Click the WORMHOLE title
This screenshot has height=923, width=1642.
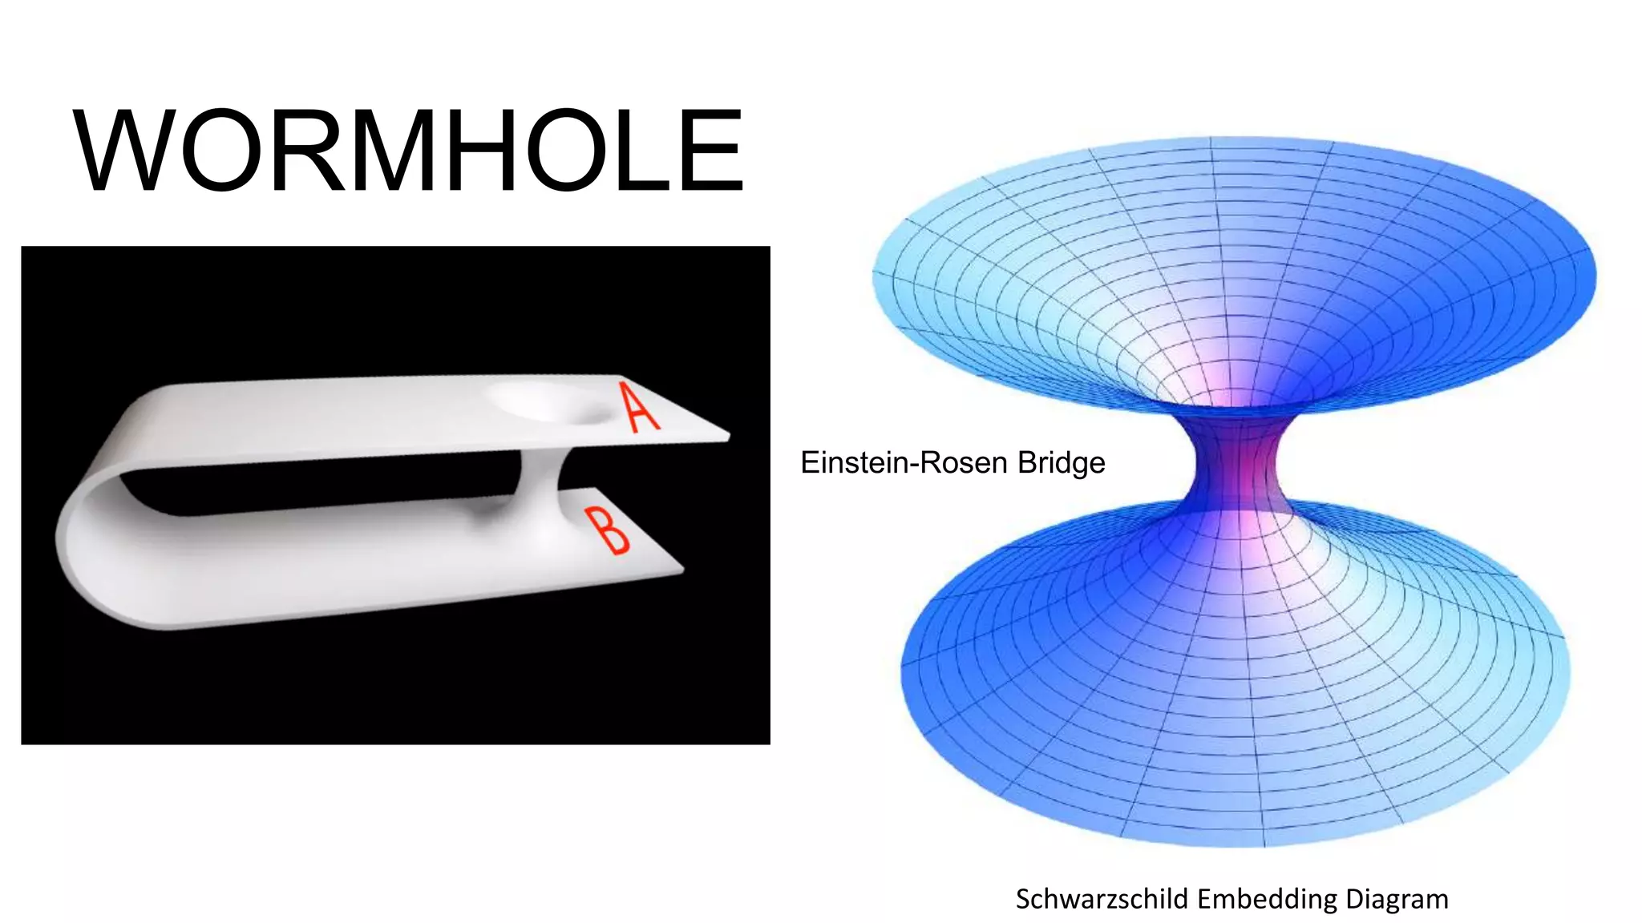409,151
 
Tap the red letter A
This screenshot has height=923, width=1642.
639,408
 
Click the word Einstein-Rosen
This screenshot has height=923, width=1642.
904,463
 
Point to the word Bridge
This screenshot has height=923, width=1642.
1062,463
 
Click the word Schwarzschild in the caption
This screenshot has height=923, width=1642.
1102,899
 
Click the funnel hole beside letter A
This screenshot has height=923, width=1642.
553,403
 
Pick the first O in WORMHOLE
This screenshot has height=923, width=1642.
217,151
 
